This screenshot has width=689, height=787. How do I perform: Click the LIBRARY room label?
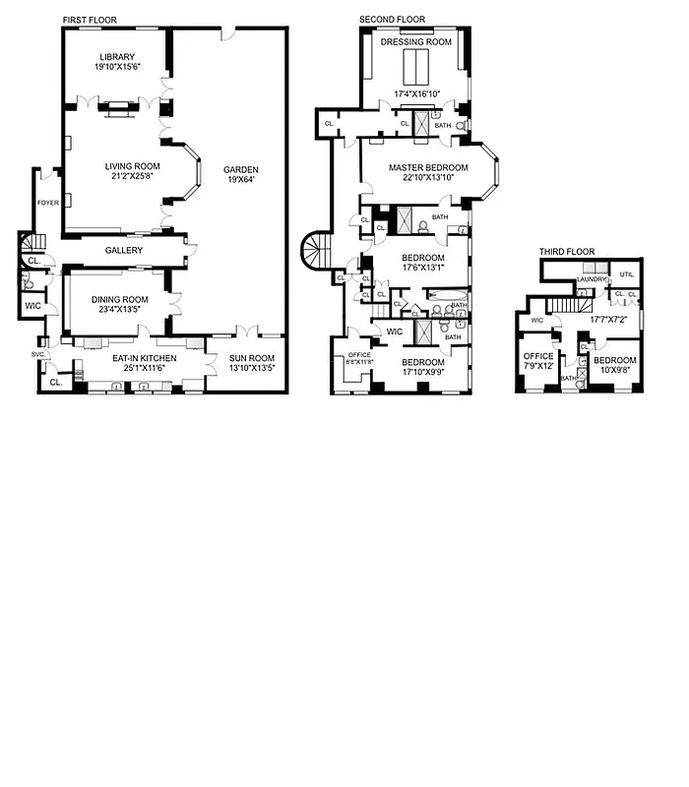click(116, 57)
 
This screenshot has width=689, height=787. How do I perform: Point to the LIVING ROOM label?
click(132, 165)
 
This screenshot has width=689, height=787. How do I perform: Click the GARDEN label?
click(240, 169)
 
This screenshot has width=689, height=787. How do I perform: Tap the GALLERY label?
click(124, 251)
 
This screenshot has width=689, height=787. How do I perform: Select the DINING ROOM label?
click(120, 300)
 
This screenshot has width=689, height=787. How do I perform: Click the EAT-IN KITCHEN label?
click(144, 358)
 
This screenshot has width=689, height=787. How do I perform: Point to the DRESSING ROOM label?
click(415, 42)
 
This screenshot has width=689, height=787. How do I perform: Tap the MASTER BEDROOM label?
click(428, 167)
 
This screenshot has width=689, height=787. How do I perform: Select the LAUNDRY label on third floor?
click(593, 278)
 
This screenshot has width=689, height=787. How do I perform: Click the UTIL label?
click(626, 273)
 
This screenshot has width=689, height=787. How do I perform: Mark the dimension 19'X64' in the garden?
click(240, 180)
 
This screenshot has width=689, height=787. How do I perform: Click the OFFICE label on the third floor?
click(537, 356)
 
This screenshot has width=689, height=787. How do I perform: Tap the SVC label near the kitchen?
click(38, 353)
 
